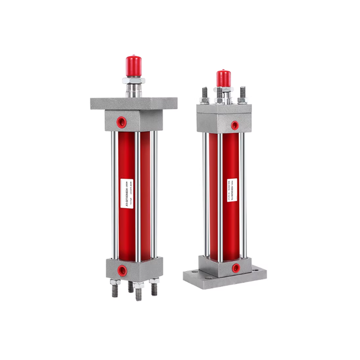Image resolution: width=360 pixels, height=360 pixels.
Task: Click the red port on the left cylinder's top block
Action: [120, 120]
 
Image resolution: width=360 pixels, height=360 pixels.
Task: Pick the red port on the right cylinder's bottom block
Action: [235, 268]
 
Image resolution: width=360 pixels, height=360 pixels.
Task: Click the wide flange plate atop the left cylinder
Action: [133, 103]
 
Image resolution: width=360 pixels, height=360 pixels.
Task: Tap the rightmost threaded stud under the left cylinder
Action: [154, 288]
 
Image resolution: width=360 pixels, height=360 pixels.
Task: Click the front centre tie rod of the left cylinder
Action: [137, 197]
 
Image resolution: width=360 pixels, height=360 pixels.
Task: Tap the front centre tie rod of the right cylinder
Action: [220, 197]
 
